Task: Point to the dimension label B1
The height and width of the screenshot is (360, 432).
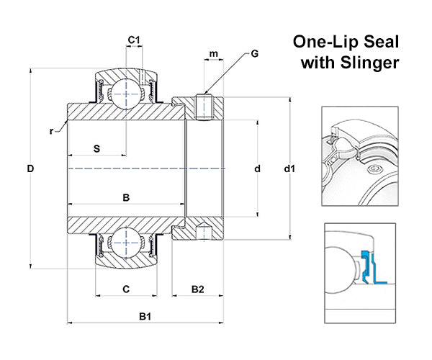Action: (145, 316)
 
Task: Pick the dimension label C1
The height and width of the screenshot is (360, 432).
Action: (133, 40)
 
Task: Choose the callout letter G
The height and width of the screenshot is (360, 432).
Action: (255, 54)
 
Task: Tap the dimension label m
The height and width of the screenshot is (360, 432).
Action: (213, 54)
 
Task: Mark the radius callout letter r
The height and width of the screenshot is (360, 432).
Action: (52, 130)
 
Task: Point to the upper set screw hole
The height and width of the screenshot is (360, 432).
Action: (204, 109)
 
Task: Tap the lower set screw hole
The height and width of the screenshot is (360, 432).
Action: (204, 233)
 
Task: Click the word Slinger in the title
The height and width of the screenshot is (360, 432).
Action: (370, 63)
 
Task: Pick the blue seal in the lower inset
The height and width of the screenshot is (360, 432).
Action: (372, 266)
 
